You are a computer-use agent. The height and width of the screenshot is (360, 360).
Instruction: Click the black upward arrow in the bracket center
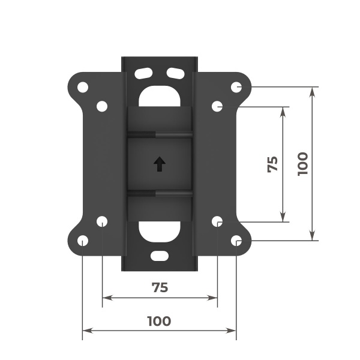tap(159, 164)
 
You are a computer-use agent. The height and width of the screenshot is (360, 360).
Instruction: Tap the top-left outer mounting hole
tap(83, 86)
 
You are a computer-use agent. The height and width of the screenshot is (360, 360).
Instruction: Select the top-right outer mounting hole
tap(236, 86)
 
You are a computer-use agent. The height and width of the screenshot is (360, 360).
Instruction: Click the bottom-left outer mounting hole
tap(83, 241)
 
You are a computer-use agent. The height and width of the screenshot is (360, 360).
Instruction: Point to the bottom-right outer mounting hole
tap(236, 241)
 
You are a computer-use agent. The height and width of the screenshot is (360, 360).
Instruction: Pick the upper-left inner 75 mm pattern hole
tap(102, 106)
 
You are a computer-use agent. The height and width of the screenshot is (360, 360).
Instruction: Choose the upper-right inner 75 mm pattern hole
tap(217, 106)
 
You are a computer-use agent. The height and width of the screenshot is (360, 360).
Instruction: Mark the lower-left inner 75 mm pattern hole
tap(102, 221)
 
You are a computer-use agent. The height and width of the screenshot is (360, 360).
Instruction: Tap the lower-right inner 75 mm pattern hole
tap(217, 221)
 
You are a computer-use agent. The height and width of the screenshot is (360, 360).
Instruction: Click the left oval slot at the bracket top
tap(144, 73)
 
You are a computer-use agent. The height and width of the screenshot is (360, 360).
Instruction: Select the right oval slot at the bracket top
tap(175, 73)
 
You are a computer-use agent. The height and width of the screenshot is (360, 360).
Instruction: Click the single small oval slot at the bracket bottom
tap(160, 255)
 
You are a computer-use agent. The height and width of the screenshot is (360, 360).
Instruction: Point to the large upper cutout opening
tap(159, 95)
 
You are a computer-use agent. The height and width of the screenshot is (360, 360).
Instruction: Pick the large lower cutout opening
tap(159, 232)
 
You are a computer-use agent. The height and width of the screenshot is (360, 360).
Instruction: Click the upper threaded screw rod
tap(160, 134)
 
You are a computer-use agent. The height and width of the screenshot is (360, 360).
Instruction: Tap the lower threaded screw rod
tap(160, 193)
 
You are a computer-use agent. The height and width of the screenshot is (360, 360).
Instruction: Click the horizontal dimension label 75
tap(159, 287)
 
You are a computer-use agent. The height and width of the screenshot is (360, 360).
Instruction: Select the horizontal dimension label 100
tap(159, 321)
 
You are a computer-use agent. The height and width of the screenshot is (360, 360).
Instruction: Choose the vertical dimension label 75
tap(272, 164)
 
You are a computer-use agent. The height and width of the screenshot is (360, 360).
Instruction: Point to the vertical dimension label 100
tap(302, 163)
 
